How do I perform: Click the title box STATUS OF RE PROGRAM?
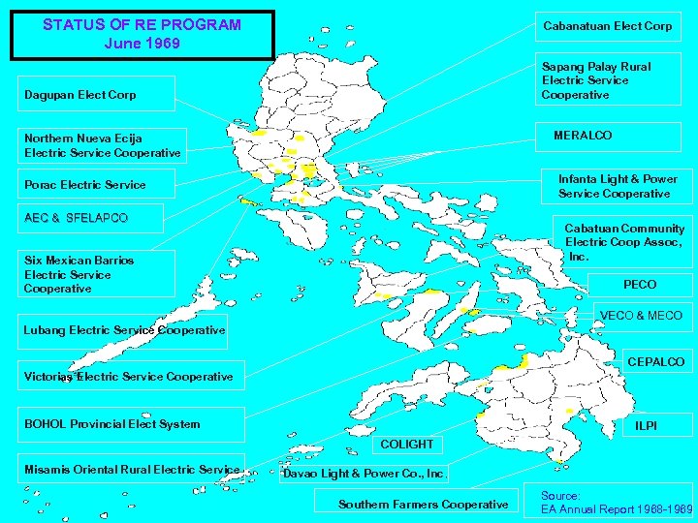coord(142,35)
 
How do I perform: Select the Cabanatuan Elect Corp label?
coord(607,26)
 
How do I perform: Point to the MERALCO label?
coord(583,136)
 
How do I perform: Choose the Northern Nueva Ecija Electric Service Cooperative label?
coord(102,145)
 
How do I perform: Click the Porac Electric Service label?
coord(85,185)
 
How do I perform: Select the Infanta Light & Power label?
coord(618,186)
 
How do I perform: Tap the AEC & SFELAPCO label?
coord(76,218)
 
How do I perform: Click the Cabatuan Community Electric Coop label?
coord(624,242)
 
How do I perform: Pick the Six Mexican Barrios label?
coord(79,274)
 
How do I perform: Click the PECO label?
coord(640,285)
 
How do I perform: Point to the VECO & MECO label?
coord(641,316)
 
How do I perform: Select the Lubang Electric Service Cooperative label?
coord(124,330)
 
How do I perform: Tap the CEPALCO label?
coord(655,362)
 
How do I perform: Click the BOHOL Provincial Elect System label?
coord(111,424)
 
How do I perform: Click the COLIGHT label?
coord(407,445)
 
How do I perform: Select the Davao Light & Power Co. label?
coord(365,474)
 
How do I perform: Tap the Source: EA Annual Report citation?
coord(617,502)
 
